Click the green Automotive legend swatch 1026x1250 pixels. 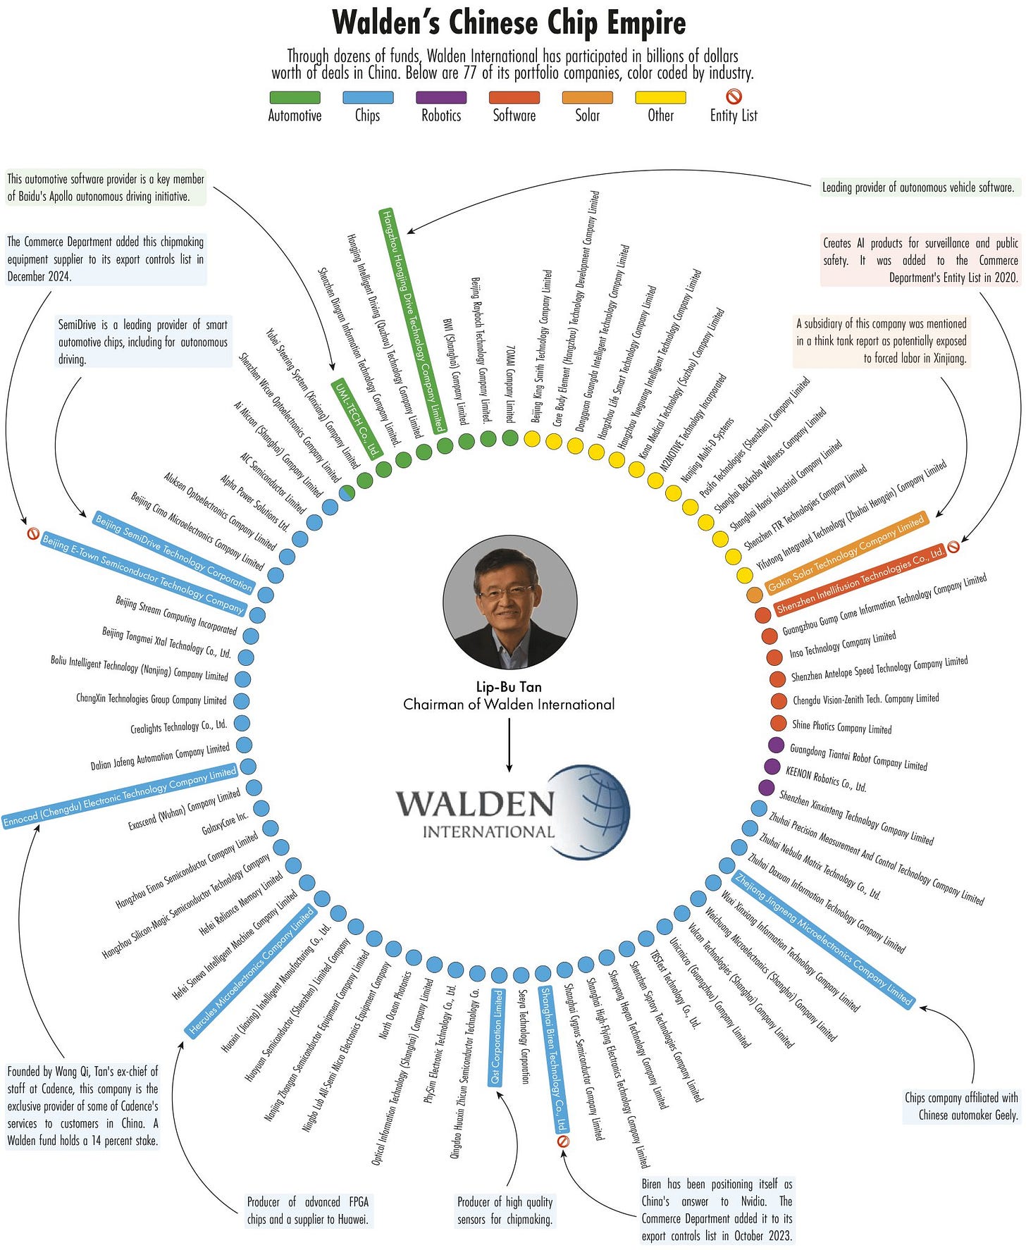tap(295, 98)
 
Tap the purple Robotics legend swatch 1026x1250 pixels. tap(441, 98)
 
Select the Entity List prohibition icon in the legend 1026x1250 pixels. tap(734, 97)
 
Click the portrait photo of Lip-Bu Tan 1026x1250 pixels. tap(509, 601)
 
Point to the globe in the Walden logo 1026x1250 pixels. tap(591, 812)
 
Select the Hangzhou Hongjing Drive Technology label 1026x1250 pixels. tap(413, 320)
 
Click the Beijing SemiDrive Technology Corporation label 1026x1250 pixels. tap(173, 552)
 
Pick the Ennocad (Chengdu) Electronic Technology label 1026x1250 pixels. tap(120, 796)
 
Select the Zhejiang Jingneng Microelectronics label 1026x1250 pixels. tap(824, 939)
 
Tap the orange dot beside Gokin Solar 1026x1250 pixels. tap(755, 595)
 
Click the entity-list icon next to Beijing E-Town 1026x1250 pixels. tap(32, 534)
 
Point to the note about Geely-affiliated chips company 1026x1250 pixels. tap(961, 1106)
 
